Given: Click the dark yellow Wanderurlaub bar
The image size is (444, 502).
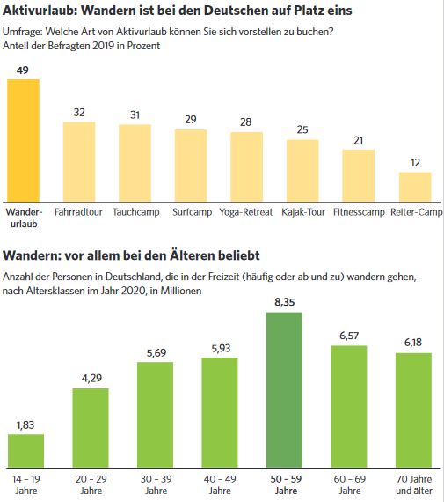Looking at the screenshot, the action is tap(24, 141).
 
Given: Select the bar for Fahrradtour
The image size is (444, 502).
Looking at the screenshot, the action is tap(79, 162).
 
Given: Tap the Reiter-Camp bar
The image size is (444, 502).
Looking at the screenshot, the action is tap(415, 187).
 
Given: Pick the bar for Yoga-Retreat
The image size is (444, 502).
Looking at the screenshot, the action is tap(247, 166).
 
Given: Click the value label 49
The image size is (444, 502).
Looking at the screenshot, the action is tap(23, 70).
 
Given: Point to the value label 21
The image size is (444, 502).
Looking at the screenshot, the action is tap(359, 141).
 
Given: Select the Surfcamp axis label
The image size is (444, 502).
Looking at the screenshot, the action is tap(192, 212).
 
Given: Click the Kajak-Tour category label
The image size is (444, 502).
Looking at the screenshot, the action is tap(303, 212).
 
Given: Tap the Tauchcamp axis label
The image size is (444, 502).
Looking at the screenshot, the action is tap(136, 212).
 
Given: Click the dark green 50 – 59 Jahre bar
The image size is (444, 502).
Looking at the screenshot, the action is tap(285, 390).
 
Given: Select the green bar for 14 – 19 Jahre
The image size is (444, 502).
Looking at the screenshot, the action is tap(25, 451).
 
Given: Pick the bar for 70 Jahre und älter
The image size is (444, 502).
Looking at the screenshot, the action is tap(413, 410).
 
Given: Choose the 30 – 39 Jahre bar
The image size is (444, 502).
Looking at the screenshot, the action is tap(156, 415).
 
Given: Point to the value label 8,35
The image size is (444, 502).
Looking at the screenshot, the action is tap(285, 302).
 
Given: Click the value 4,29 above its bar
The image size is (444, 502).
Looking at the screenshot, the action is tap(91, 379).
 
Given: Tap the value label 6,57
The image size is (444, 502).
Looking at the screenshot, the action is tap(349, 336).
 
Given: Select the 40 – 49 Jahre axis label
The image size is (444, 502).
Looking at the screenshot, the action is tap(220, 484).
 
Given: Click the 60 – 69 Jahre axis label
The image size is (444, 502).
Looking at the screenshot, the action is tap(350, 484).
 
